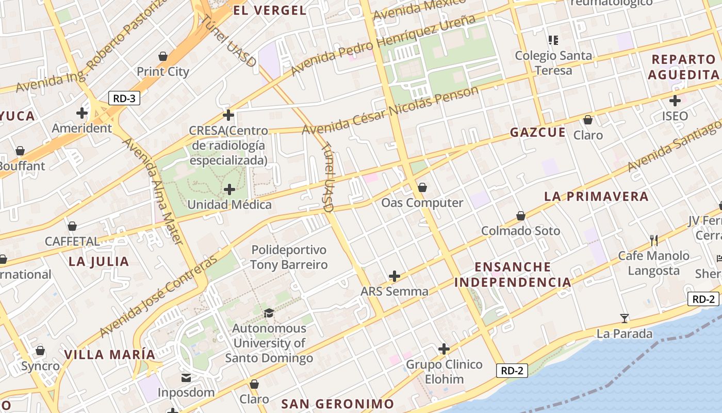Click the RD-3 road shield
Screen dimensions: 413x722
point(124,98)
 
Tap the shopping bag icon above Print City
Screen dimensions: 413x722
point(163,56)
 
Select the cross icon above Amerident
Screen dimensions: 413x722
point(82,113)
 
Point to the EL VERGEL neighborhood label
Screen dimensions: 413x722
point(269,10)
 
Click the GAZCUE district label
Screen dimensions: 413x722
point(538,133)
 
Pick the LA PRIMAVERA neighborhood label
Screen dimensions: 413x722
point(596,197)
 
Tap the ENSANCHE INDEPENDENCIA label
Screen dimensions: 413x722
point(513,275)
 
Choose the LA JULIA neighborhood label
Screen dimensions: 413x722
point(99,262)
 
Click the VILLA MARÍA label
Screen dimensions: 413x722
point(109,355)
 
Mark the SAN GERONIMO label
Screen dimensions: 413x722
point(338,404)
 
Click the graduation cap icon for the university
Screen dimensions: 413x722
point(269,313)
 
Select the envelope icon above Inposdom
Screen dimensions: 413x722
point(186,378)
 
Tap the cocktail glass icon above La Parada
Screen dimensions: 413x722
point(625,319)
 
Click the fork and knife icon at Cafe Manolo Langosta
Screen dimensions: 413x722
point(654,240)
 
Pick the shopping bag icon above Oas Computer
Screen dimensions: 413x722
point(422,187)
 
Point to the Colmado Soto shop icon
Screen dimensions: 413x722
point(521,216)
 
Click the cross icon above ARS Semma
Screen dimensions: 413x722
point(395,276)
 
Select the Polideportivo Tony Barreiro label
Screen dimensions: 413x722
point(289,258)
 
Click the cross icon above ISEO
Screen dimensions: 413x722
point(675,101)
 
